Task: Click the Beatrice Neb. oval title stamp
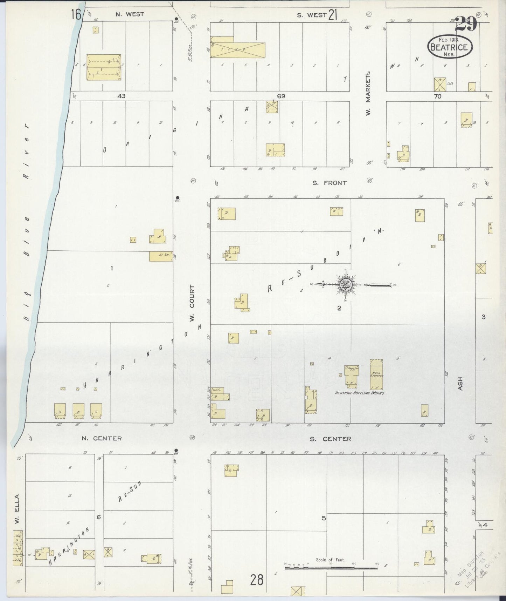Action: [450, 47]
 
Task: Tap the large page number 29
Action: [466, 24]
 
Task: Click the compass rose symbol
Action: [343, 284]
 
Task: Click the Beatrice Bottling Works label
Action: [360, 393]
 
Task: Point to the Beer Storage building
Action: [376, 374]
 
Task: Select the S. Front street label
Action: [330, 183]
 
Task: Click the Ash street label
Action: [460, 384]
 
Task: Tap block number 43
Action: [122, 96]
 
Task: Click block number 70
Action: [438, 96]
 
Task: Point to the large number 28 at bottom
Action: [257, 580]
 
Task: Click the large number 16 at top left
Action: [76, 15]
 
